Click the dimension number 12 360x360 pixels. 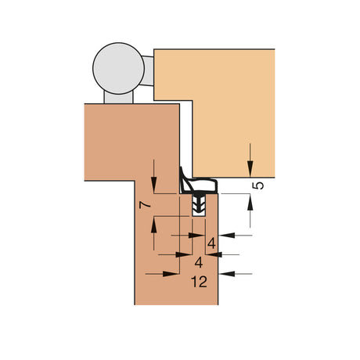tap(200, 282)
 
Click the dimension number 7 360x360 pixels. tap(146, 205)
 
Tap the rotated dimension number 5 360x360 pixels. tap(258, 185)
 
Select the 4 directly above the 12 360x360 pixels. tap(199, 262)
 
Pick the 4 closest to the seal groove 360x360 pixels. tap(211, 243)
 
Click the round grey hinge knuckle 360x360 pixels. tap(118, 68)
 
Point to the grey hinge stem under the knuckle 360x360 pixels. tap(118, 97)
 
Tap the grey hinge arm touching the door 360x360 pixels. tap(148, 71)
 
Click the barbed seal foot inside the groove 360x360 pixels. tap(199, 205)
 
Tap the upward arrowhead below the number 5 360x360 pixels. tap(250, 202)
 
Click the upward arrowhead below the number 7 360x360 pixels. tap(154, 225)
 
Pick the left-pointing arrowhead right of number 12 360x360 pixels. tap(226, 274)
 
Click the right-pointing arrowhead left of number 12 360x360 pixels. tap(171, 274)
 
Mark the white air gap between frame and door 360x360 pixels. tap(186, 135)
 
